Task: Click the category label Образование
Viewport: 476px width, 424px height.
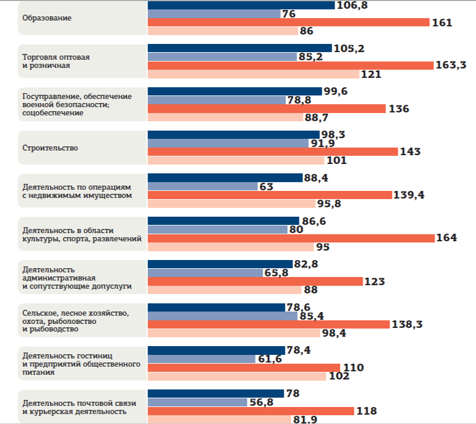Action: (47, 18)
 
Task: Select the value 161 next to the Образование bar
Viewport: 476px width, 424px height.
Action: (443, 23)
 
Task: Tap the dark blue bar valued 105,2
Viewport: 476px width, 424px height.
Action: (239, 49)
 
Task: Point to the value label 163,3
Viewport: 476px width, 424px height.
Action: (450, 66)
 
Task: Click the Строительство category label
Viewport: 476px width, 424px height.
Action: (50, 148)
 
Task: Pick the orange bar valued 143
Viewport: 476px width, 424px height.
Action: (272, 152)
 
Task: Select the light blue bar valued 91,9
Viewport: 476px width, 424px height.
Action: (227, 143)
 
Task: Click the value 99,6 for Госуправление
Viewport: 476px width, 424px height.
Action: (337, 91)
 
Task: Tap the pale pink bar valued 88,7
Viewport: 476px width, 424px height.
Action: (225, 117)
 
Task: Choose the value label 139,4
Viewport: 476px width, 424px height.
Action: (409, 195)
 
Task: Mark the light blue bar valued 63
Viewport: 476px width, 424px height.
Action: (202, 186)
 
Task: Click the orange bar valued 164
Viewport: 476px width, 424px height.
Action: (291, 238)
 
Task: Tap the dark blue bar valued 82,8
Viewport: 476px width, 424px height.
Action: (220, 264)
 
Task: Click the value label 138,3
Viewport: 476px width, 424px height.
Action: (407, 324)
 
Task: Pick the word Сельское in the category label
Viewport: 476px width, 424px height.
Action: (38, 313)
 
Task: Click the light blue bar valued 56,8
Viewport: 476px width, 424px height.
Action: (197, 402)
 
